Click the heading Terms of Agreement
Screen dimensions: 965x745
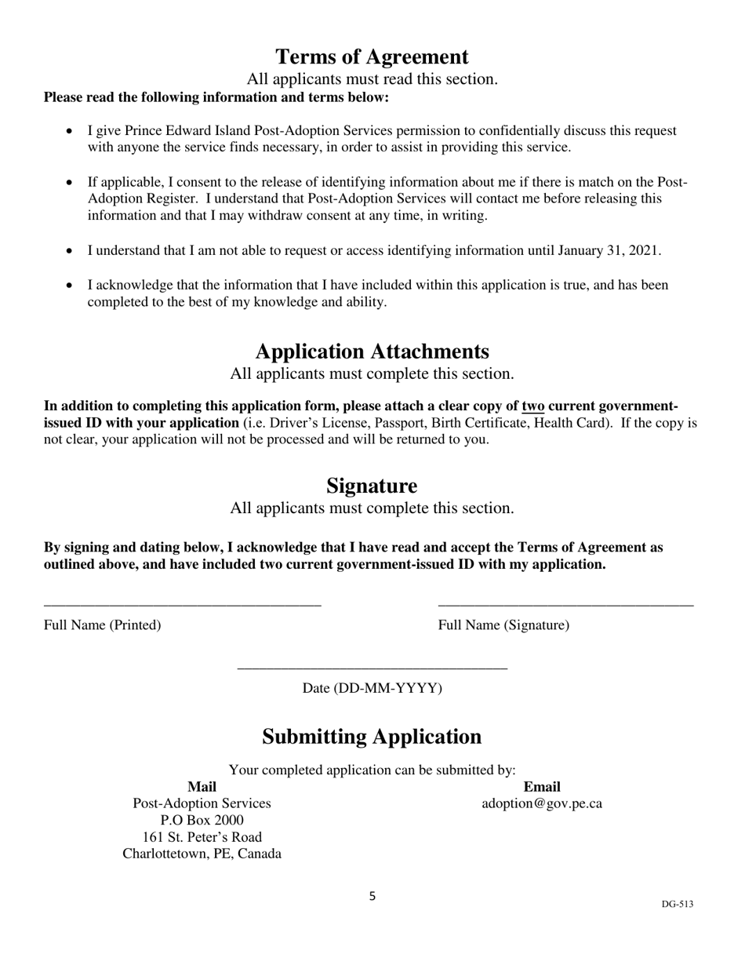(372, 57)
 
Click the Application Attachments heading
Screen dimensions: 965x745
(372, 351)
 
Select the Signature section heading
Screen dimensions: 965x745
(372, 486)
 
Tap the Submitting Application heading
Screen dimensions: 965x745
(372, 737)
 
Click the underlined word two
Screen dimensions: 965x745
(533, 406)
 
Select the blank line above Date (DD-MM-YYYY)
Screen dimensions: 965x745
(372, 668)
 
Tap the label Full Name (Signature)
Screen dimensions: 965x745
(503, 625)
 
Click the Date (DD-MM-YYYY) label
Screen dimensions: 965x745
(372, 689)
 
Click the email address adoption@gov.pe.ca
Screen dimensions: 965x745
(542, 804)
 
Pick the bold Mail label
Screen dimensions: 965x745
(202, 787)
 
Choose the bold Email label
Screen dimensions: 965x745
(542, 787)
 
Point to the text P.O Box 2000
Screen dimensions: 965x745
(202, 821)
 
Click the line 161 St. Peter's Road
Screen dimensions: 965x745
(202, 837)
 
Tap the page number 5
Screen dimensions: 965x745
(372, 896)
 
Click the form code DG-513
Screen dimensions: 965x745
(677, 904)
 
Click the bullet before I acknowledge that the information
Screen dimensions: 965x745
(71, 286)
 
